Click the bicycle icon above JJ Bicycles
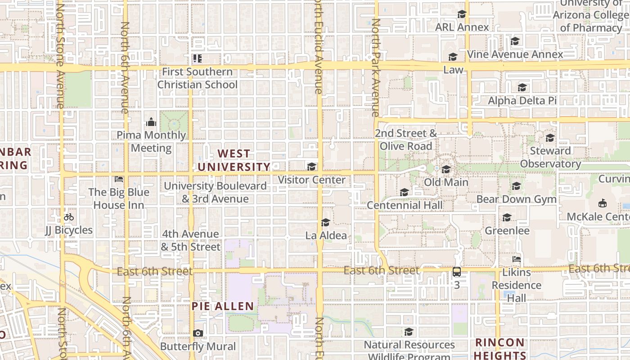click(x=68, y=217)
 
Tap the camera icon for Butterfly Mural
click(x=198, y=333)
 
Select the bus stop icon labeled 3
click(x=457, y=272)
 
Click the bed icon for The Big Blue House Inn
click(x=119, y=179)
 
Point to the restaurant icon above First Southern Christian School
click(x=197, y=58)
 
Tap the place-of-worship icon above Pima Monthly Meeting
click(x=151, y=122)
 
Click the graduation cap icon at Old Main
click(x=446, y=170)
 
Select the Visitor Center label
click(x=311, y=180)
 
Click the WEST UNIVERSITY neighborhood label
click(x=234, y=160)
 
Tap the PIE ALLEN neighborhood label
click(x=223, y=306)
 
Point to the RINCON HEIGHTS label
click(x=500, y=349)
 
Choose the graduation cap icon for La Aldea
click(x=325, y=223)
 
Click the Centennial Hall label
click(x=405, y=205)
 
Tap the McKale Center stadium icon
click(x=602, y=203)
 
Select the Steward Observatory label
click(x=550, y=157)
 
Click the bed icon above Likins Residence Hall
click(x=516, y=259)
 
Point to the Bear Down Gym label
click(x=516, y=199)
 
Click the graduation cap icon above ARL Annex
click(x=462, y=14)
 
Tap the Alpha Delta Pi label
click(x=522, y=100)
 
